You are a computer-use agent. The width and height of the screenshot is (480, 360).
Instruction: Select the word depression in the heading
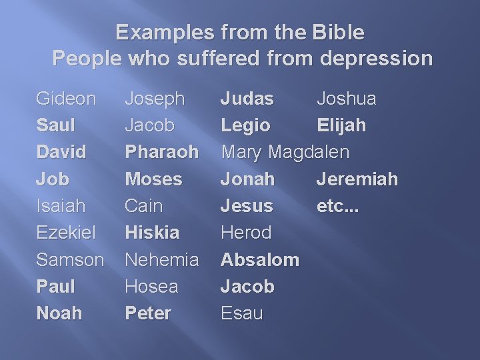pos(376,59)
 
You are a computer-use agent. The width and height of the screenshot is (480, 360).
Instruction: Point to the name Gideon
pos(66,99)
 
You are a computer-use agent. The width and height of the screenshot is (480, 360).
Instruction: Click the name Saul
pos(55,125)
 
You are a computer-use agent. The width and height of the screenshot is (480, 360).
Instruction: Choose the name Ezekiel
pos(66,233)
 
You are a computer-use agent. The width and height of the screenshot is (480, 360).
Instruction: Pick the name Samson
pos(70,259)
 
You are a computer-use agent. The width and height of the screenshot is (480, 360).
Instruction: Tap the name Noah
pos(59,313)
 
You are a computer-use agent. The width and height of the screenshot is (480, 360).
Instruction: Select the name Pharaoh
pos(162,152)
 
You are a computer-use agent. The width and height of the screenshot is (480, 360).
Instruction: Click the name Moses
pos(153,179)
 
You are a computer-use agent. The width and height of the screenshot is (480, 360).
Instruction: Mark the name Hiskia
pos(152,233)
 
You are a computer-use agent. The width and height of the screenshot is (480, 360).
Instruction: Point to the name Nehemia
pos(162,259)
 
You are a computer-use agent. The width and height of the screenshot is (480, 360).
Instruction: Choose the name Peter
pos(148,313)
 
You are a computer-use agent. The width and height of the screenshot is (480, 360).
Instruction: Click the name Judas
pos(247,99)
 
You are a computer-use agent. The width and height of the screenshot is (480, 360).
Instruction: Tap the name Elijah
pos(341,125)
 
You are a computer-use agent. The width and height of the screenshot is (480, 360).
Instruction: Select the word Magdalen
pos(309,152)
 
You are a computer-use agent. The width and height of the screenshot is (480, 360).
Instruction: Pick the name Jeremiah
pos(357,179)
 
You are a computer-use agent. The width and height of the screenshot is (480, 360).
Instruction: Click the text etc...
pos(337,206)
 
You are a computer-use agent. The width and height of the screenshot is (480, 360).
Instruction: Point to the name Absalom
pos(260,259)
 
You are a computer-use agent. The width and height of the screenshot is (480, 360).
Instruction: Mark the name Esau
pos(242,313)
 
